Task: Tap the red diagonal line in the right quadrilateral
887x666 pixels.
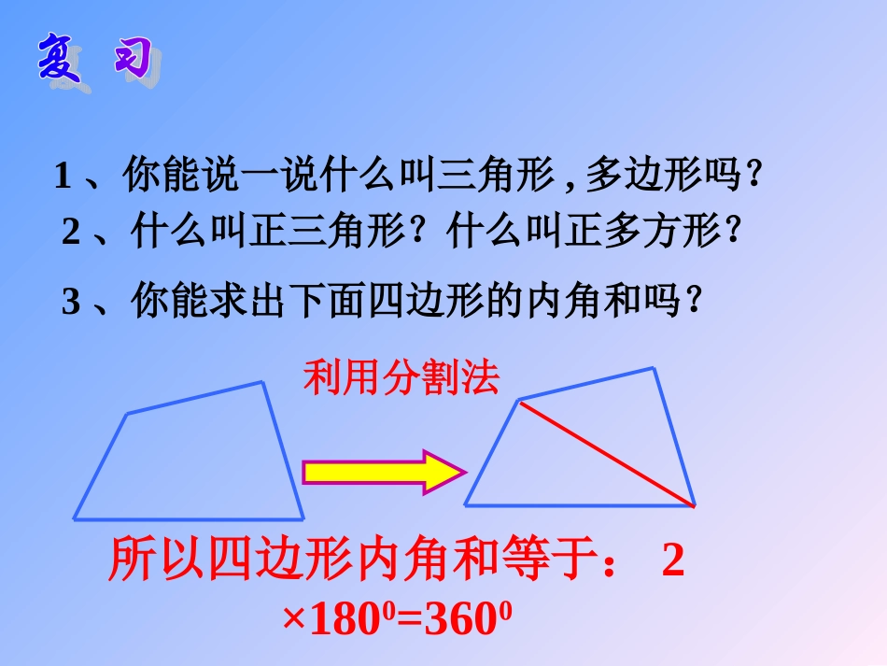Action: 606,453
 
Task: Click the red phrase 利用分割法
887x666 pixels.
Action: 401,378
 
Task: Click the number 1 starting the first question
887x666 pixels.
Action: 63,177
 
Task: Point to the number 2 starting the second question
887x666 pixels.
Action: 72,232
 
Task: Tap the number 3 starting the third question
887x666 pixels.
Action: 72,303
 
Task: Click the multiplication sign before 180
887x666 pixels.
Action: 293,621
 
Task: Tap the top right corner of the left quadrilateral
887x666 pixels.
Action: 262,382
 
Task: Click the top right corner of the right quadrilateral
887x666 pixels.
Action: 655,369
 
